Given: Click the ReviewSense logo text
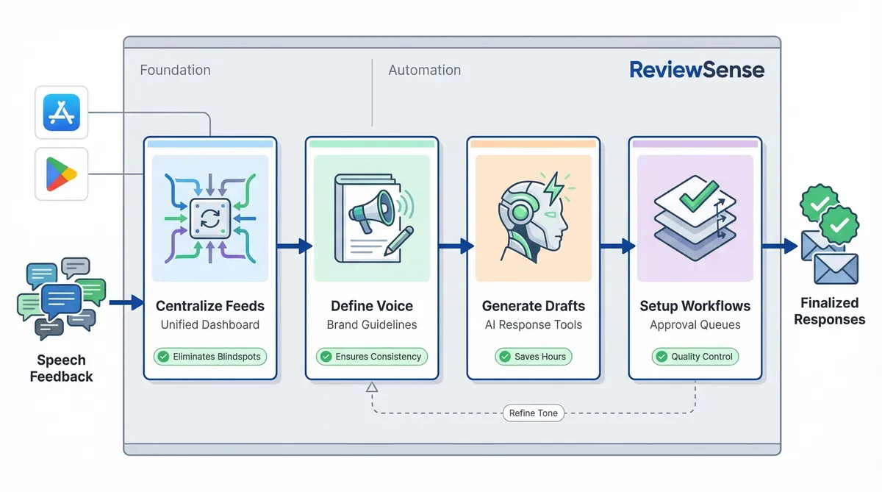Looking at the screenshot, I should click(697, 70).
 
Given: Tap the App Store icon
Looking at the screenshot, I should click(62, 112).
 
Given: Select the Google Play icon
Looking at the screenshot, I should click(62, 174).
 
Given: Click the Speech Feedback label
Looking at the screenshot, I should click(61, 368).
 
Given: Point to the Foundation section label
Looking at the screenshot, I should click(175, 70).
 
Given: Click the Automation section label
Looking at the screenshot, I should click(424, 70).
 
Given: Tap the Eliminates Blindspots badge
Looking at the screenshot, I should click(210, 357).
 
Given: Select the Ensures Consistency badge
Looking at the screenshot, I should click(371, 357).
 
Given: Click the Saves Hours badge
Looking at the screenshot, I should click(533, 357).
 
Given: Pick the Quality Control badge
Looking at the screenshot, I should click(695, 357).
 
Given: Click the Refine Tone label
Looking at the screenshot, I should click(533, 413).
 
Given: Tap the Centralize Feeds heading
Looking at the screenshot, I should click(210, 306).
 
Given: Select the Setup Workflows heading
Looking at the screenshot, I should click(695, 306).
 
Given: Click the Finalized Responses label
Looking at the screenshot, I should click(829, 311).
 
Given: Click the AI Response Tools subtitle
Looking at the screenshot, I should click(533, 324).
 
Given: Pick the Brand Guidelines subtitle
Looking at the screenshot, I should click(371, 324).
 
